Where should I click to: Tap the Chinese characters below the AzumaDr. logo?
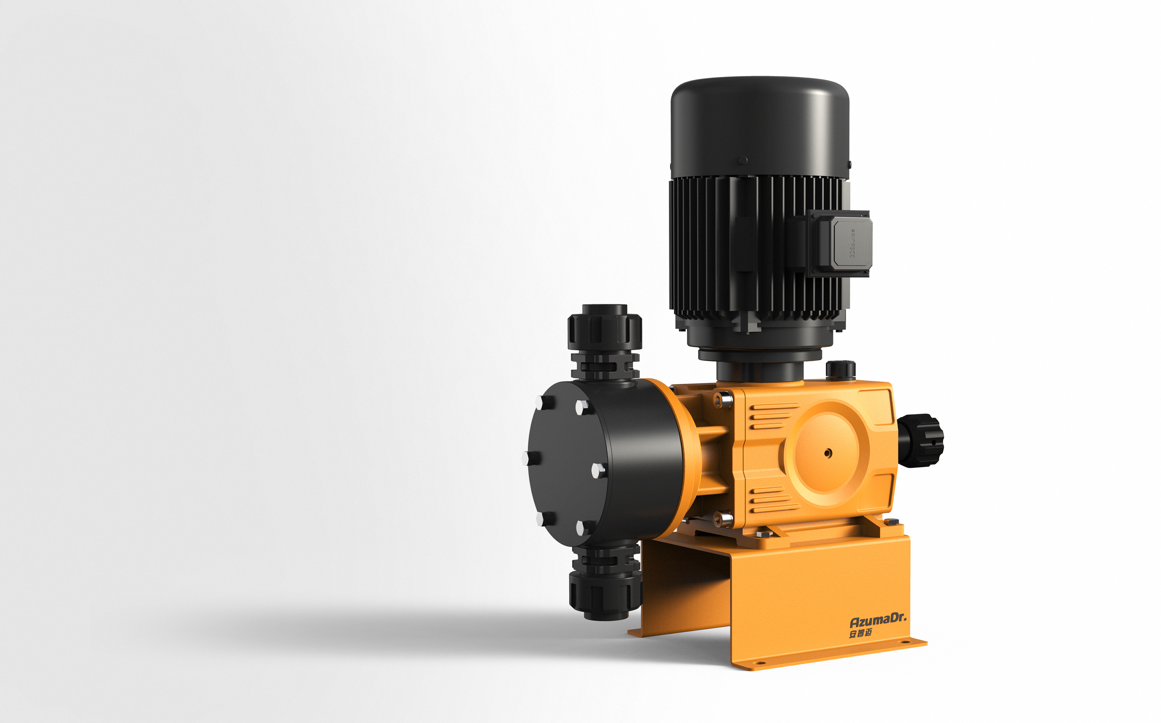pyautogui.click(x=861, y=633)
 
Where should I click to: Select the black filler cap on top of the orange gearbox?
pyautogui.click(x=840, y=370)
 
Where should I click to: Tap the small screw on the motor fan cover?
pyautogui.click(x=743, y=160)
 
